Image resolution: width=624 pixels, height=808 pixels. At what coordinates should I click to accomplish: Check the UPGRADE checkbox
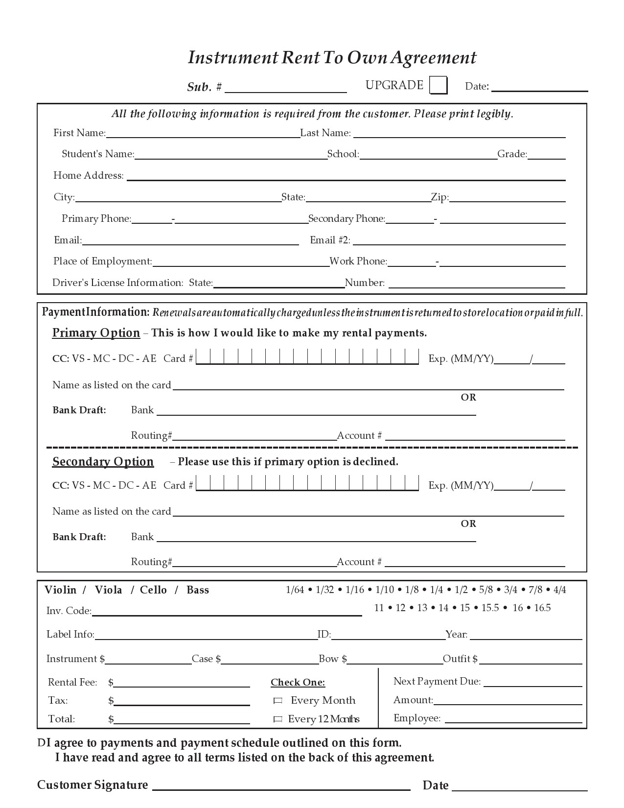[x=438, y=85]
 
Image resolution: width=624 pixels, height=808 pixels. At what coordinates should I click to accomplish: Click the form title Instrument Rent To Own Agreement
[x=332, y=58]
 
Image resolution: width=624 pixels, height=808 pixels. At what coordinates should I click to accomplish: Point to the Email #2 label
[x=330, y=240]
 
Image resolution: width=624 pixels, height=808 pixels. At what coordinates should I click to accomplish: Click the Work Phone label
[x=358, y=261]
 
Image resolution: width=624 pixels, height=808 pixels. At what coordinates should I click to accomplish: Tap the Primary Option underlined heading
[x=96, y=333]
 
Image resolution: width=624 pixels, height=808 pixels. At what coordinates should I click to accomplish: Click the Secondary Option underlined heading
[x=103, y=462]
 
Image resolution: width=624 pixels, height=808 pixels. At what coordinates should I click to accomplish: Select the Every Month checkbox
[x=277, y=701]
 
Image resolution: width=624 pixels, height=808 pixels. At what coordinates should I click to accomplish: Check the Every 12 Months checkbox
[x=277, y=719]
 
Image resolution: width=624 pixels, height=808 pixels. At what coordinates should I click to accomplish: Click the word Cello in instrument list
[x=153, y=590]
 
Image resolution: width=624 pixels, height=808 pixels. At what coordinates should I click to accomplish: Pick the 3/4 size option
[x=510, y=590]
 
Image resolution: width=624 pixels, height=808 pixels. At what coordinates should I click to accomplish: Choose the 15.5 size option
[x=490, y=608]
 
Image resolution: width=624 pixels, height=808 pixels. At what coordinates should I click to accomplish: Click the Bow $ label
[x=333, y=659]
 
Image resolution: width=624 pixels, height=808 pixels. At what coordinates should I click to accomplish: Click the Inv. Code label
[x=69, y=611]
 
